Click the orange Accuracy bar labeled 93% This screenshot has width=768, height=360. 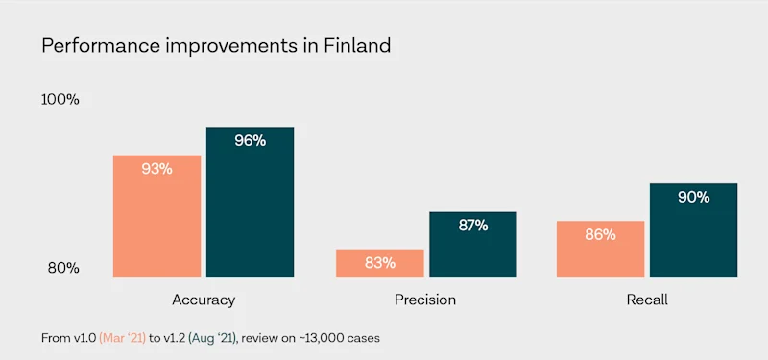156,216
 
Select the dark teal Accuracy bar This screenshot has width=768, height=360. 250,203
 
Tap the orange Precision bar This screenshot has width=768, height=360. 379,263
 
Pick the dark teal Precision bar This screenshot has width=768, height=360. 473,245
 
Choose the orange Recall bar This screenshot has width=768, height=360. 601,249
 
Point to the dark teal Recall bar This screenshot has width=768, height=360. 693,230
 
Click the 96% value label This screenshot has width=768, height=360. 250,141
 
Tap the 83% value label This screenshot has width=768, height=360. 379,263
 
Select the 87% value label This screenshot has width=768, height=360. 473,226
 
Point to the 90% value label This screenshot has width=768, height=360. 693,198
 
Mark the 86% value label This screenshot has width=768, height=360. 601,235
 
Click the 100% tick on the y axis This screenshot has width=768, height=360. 60,100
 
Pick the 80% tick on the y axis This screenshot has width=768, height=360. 63,269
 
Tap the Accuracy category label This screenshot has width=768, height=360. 204,300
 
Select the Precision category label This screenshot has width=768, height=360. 425,300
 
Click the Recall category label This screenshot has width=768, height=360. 647,300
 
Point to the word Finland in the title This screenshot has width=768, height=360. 357,45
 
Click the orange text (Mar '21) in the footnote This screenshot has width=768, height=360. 123,339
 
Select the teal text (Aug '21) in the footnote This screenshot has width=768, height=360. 213,339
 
